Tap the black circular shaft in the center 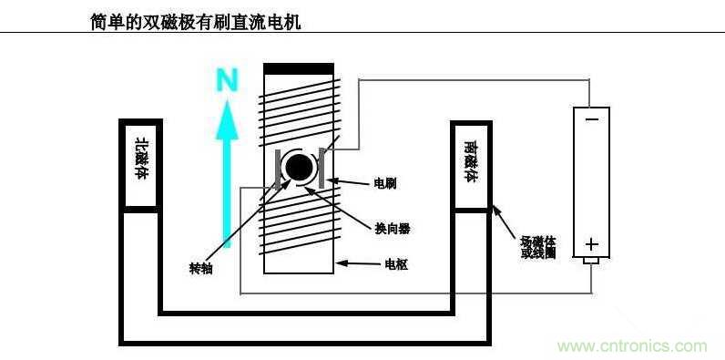coord(298,168)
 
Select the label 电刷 coord(385,183)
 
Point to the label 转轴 coord(200,268)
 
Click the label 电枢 coord(396,265)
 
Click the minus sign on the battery coord(592,118)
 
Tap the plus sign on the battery coord(592,243)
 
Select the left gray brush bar coord(278,170)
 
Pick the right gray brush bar coord(321,170)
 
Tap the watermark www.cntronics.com coord(632,346)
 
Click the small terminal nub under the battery coord(592,261)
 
